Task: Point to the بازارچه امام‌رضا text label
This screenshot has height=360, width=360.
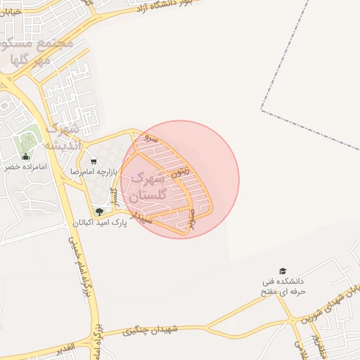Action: [94, 171]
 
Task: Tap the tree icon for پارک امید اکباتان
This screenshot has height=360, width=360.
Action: [99, 211]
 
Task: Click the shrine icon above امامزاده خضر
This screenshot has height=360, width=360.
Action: [26, 157]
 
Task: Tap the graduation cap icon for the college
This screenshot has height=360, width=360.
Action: [283, 271]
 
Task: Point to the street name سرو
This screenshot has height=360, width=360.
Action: [149, 139]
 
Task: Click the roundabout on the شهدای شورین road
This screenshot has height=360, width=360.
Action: [292, 321]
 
